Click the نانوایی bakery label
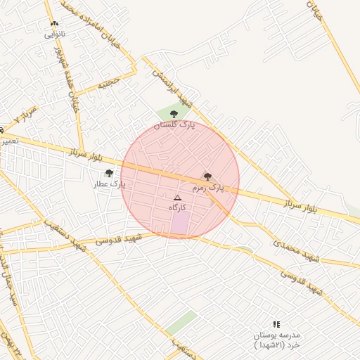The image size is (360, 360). coord(56,34)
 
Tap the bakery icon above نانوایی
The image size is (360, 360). coord(55,24)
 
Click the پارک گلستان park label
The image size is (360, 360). coord(173,124)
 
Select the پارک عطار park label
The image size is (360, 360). coord(109,184)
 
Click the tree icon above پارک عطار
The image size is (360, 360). coord(108,173)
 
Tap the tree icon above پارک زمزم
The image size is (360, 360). coord(207,176)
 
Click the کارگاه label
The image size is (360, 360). coord(177,208)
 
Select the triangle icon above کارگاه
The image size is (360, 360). coord(177,198)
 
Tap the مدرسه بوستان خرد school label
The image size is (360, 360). coord(276,340)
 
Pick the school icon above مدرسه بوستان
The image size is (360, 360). coord(276,324)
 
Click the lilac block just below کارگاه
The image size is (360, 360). coord(181,224)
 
